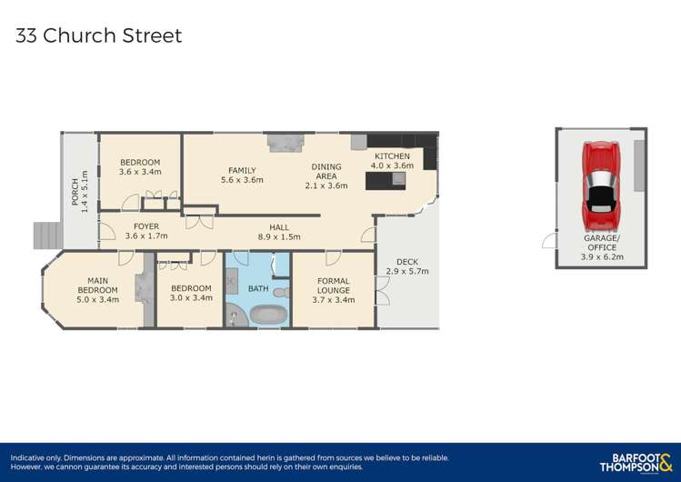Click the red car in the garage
click(x=601, y=187)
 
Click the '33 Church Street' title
click(x=98, y=36)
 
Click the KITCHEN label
click(x=394, y=156)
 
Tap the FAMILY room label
click(x=242, y=170)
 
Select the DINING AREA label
click(x=325, y=171)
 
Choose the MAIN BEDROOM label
click(x=97, y=285)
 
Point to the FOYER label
click(x=146, y=226)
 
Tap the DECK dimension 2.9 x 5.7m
click(x=406, y=271)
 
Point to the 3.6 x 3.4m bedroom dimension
click(x=140, y=171)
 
